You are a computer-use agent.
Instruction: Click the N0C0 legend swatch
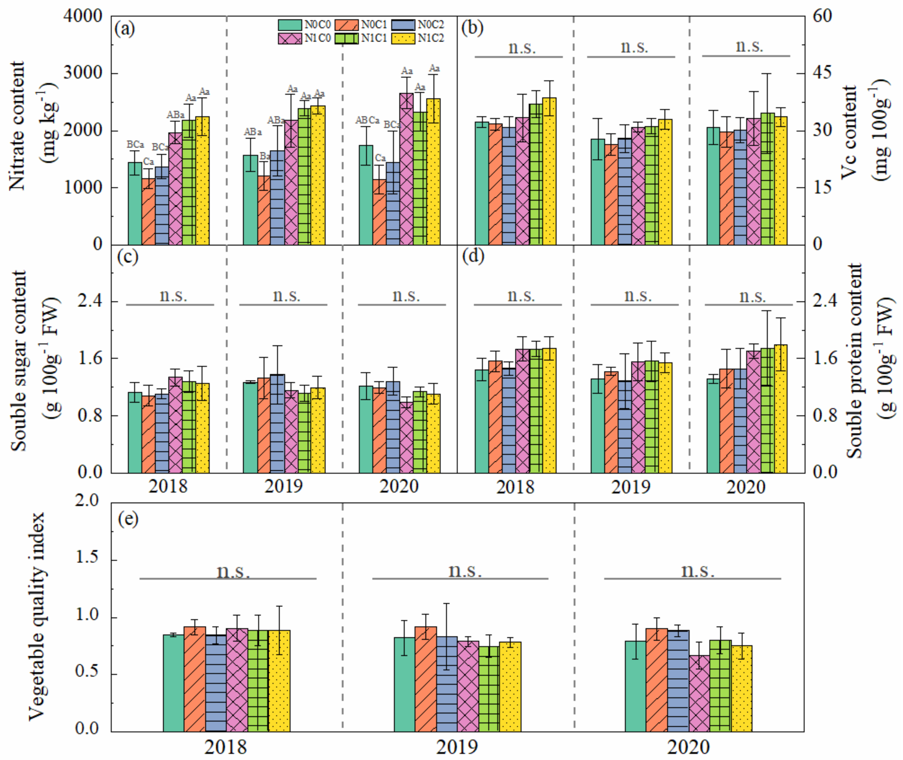tap(290, 25)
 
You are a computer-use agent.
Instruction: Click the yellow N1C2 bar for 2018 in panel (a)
tap(203, 181)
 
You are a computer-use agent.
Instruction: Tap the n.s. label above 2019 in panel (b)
tap(634, 47)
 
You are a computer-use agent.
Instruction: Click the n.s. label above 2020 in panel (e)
tap(697, 571)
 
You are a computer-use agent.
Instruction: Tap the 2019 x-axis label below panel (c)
tap(283, 486)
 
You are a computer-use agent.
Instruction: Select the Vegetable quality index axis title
tap(36, 616)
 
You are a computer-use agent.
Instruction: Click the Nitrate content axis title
tap(17, 126)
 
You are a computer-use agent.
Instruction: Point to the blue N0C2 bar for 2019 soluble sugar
tap(277, 424)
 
